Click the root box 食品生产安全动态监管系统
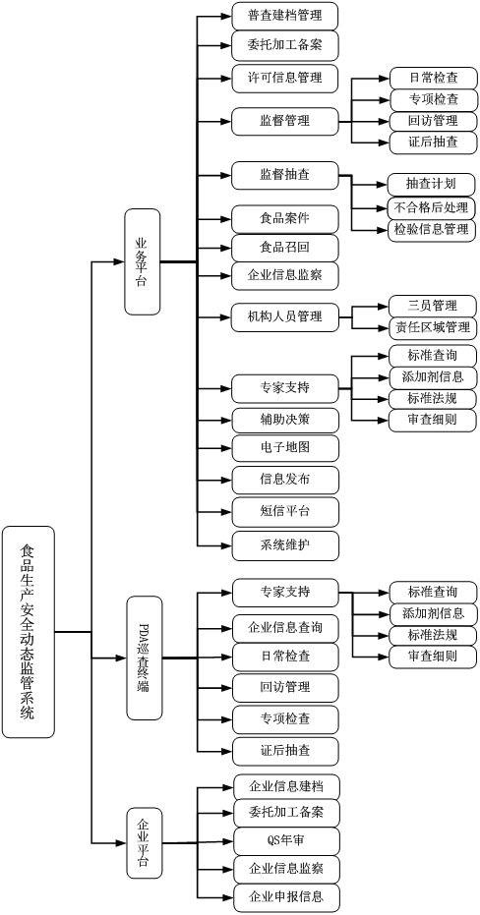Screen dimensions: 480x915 [28, 632]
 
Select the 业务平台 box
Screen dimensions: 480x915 [142, 261]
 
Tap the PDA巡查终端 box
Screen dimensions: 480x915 [145, 658]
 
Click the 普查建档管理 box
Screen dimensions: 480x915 [285, 17]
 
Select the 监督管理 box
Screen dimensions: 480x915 [285, 122]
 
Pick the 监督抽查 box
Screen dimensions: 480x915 [285, 175]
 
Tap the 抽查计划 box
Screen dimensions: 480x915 [431, 185]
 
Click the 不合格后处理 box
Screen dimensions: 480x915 [431, 207]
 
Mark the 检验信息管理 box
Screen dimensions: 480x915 [431, 229]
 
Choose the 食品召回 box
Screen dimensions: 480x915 [285, 248]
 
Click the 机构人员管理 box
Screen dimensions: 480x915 [285, 317]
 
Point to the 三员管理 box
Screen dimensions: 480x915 [432, 306]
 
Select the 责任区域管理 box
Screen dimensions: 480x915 [432, 327]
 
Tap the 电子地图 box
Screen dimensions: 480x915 [285, 448]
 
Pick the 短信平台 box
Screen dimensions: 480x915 [285, 512]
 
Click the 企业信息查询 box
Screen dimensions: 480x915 [285, 628]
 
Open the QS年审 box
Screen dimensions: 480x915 [286, 841]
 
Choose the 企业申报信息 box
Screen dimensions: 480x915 [286, 898]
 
